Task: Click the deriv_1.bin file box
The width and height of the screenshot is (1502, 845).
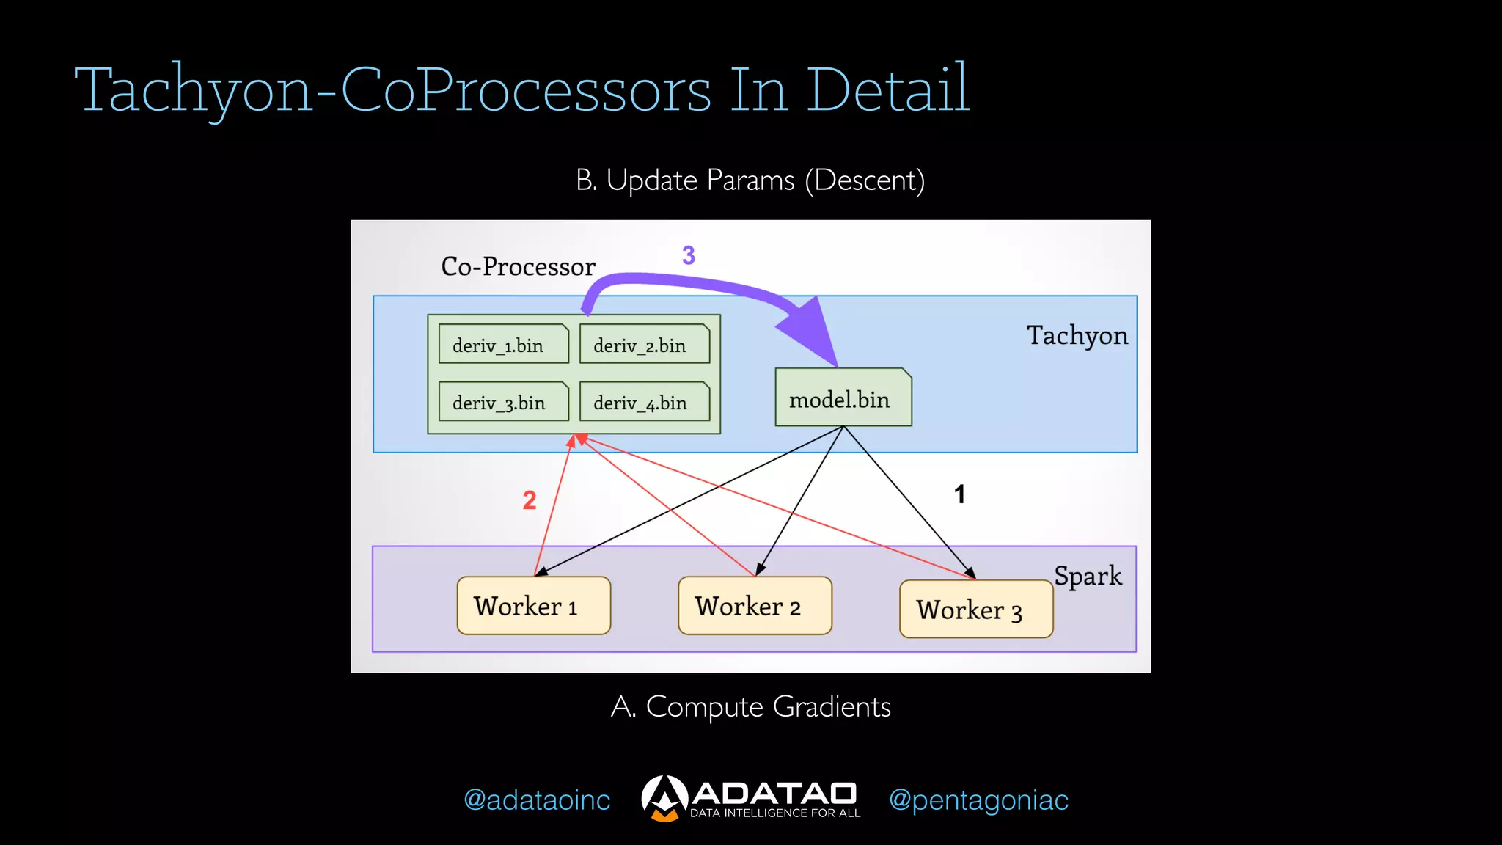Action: tap(503, 344)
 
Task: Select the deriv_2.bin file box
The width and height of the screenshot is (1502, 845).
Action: tap(644, 344)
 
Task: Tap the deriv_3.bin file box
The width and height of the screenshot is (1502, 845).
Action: tap(503, 402)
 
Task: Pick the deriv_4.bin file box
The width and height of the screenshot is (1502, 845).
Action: tap(644, 402)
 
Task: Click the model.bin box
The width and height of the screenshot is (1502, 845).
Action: tap(843, 398)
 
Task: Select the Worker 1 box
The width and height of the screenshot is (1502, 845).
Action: tap(533, 606)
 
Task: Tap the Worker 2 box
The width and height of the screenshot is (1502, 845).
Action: tap(755, 606)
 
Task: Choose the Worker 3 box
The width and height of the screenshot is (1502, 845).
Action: tap(975, 610)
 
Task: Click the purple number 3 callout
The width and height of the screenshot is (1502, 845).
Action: tap(688, 255)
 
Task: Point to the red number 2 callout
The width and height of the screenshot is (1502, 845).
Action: tap(529, 500)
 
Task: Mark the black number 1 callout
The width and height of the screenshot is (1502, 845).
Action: tap(959, 494)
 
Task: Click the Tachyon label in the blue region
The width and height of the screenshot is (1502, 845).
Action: tap(1077, 335)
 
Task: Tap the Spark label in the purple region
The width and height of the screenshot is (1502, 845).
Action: tap(1088, 576)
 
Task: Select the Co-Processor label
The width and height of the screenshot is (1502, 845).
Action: tap(518, 266)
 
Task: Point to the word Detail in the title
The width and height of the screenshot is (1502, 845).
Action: tap(887, 89)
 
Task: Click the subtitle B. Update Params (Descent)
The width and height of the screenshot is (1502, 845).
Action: tap(750, 180)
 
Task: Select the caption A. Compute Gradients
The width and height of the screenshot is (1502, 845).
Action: tap(750, 707)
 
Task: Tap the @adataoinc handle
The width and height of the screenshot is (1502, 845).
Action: tap(537, 800)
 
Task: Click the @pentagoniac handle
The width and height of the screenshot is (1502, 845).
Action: tap(978, 800)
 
